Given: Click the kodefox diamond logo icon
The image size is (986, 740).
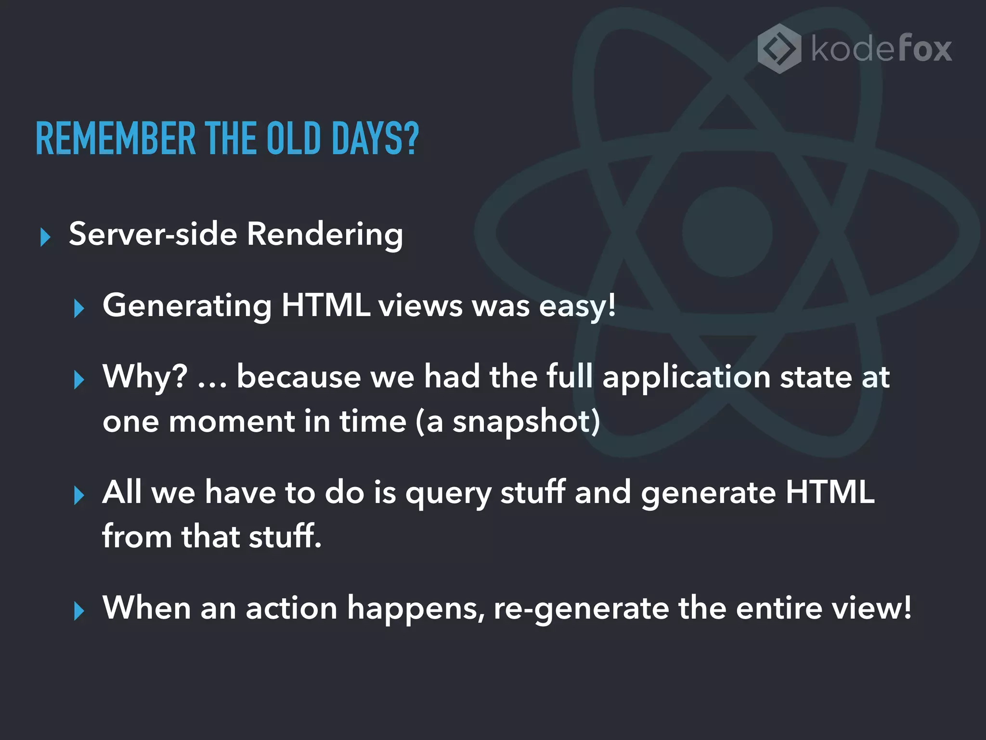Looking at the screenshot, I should tap(779, 49).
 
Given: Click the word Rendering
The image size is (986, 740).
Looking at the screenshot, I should tap(324, 235).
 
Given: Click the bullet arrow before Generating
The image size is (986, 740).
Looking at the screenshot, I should tap(79, 308).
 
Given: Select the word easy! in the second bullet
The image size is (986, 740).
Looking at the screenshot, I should tap(577, 306).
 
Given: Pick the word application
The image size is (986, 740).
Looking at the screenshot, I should tap(687, 377).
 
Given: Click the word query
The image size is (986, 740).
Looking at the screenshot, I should tap(448, 493).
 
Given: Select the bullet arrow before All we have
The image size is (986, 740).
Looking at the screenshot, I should tap(79, 496).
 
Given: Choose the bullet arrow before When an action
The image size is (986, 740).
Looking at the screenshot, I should tap(79, 611).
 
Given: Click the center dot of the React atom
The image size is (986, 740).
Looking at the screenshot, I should tap(727, 232).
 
